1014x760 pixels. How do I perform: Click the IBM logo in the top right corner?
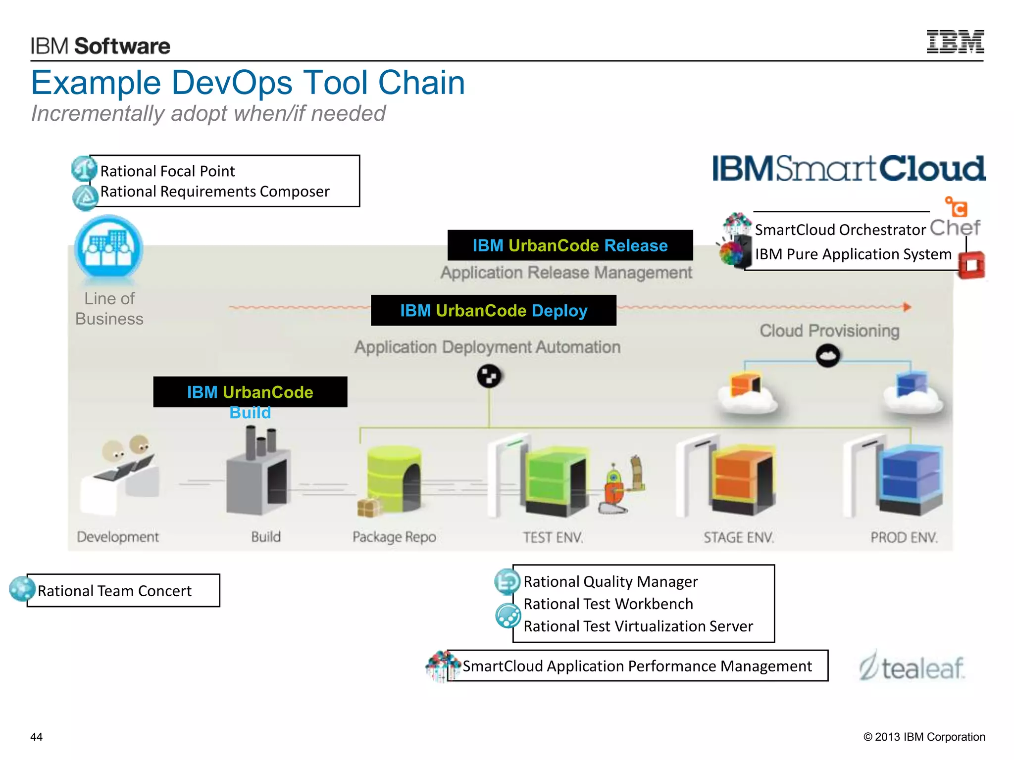pyautogui.click(x=955, y=42)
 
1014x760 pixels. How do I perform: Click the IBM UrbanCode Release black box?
pyautogui.click(x=570, y=245)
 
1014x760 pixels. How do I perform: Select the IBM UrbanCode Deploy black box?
pyautogui.click(x=493, y=311)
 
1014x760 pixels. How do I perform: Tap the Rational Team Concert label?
pyautogui.click(x=115, y=591)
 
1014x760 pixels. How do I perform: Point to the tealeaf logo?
pyautogui.click(x=912, y=667)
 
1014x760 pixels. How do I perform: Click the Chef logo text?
pyautogui.click(x=954, y=228)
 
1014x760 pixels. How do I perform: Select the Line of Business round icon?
pyautogui.click(x=108, y=247)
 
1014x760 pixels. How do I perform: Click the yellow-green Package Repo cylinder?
pyautogui.click(x=394, y=478)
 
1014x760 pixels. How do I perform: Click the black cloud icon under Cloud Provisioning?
pyautogui.click(x=827, y=356)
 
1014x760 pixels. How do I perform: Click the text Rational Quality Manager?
pyautogui.click(x=610, y=582)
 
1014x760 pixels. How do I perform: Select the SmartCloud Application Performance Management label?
pyautogui.click(x=637, y=666)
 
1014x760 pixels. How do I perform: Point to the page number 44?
pyautogui.click(x=37, y=737)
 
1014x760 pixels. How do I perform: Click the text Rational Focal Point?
pyautogui.click(x=167, y=171)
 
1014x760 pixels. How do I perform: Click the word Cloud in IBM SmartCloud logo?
pyautogui.click(x=932, y=169)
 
